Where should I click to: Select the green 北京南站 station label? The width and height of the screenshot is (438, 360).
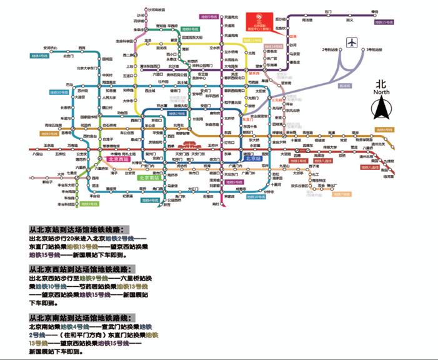149,177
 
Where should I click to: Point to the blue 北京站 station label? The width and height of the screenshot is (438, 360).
253,159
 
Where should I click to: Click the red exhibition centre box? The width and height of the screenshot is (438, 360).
257,22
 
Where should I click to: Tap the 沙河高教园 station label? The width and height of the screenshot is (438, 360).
156,10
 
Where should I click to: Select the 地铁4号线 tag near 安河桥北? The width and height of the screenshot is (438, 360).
39,56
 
